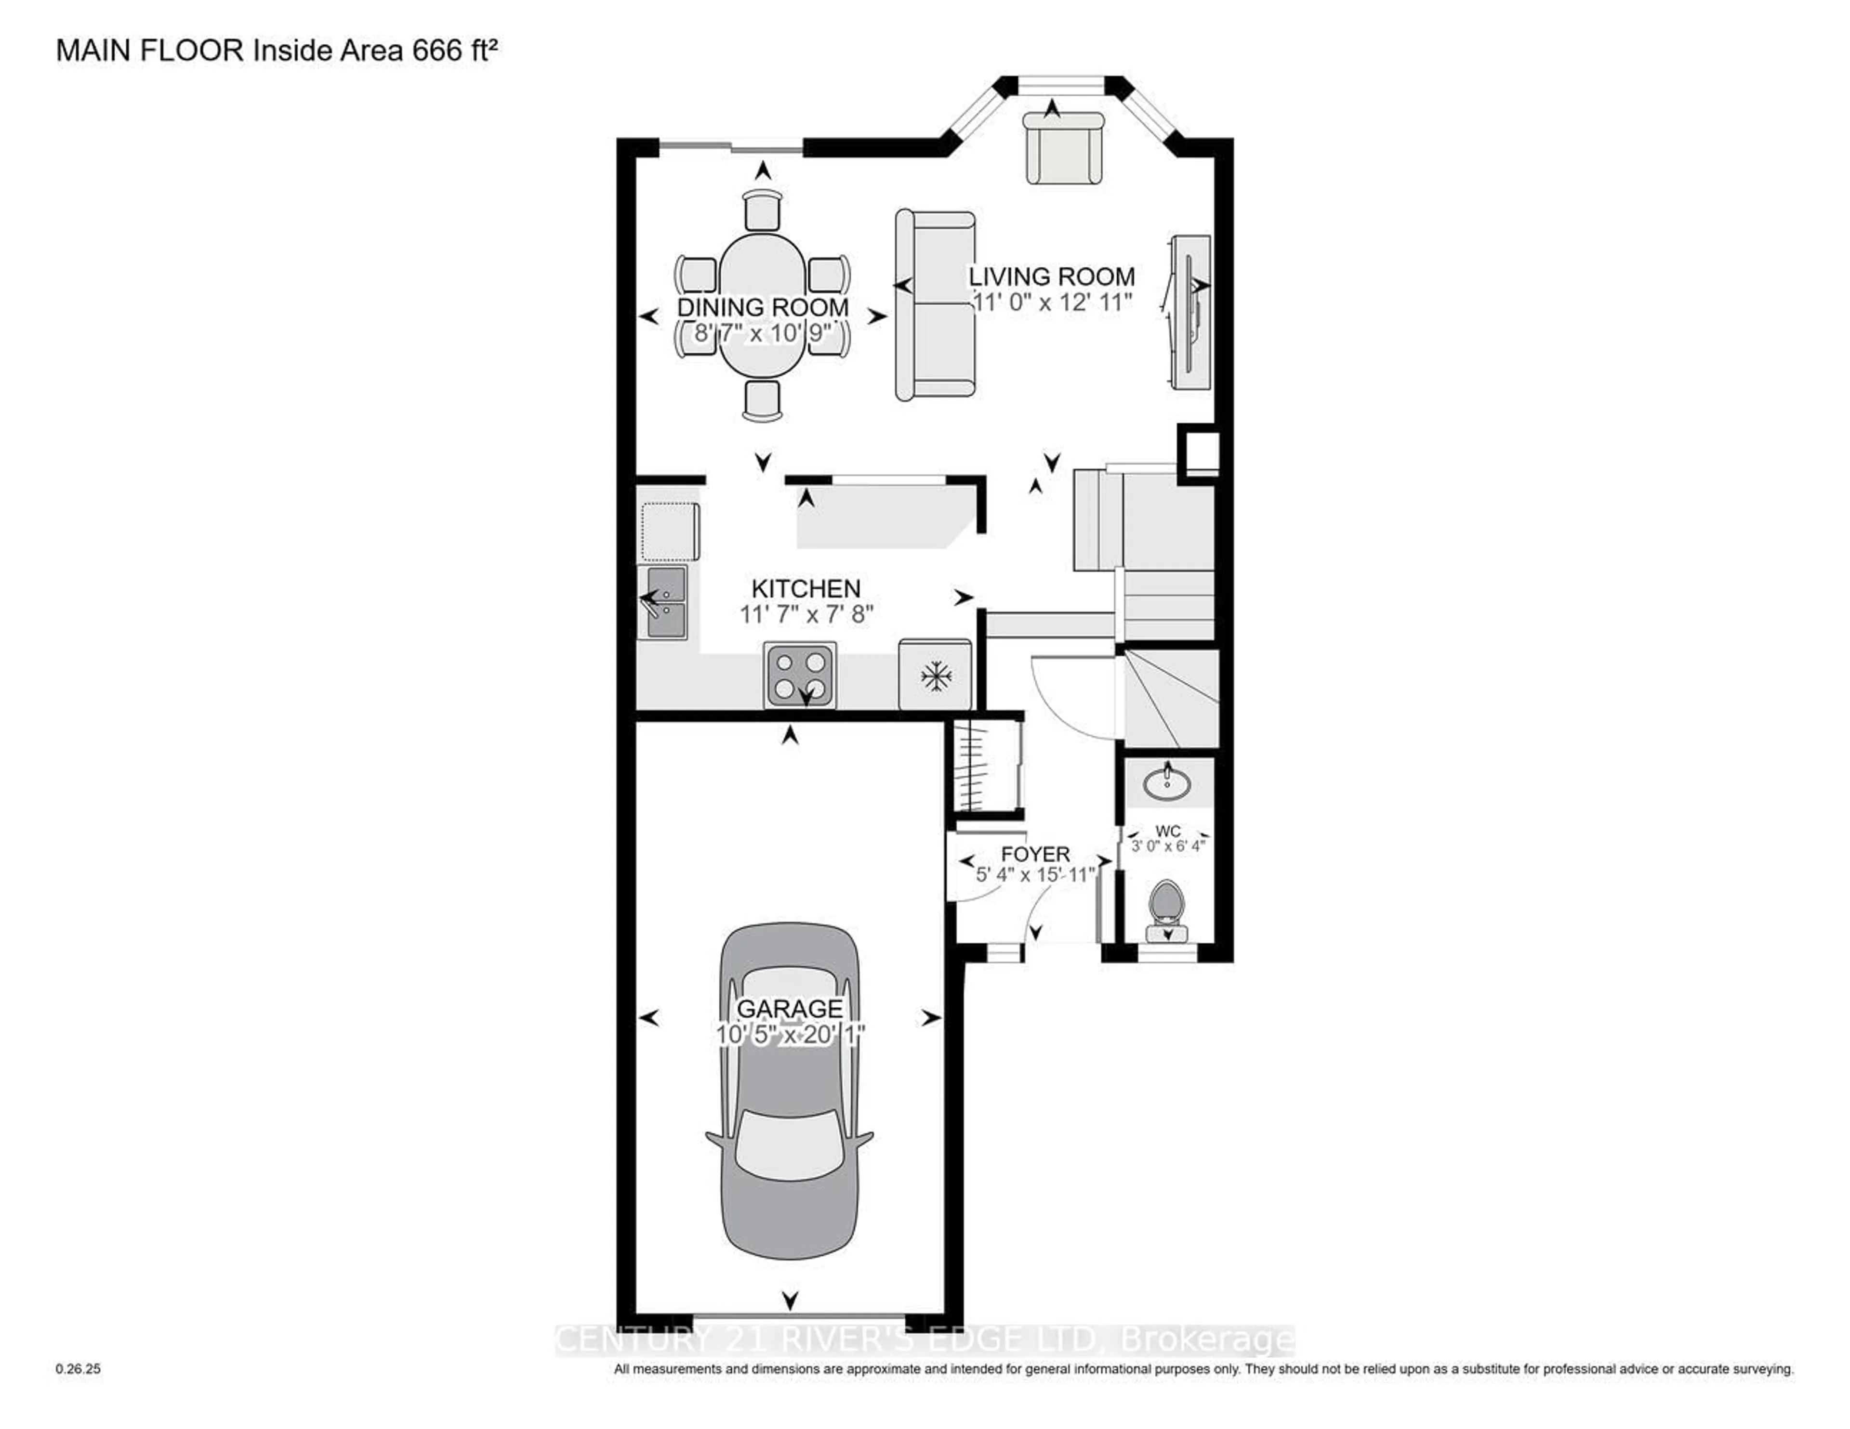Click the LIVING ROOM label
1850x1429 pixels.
[x=1051, y=277]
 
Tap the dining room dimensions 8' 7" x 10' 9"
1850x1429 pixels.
[x=762, y=333]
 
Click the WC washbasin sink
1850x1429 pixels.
[x=1167, y=782]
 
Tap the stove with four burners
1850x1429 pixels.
[x=800, y=675]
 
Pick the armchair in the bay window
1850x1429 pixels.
[x=1064, y=148]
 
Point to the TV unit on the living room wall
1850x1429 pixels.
[x=1190, y=312]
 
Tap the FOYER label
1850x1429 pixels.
[x=1035, y=854]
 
